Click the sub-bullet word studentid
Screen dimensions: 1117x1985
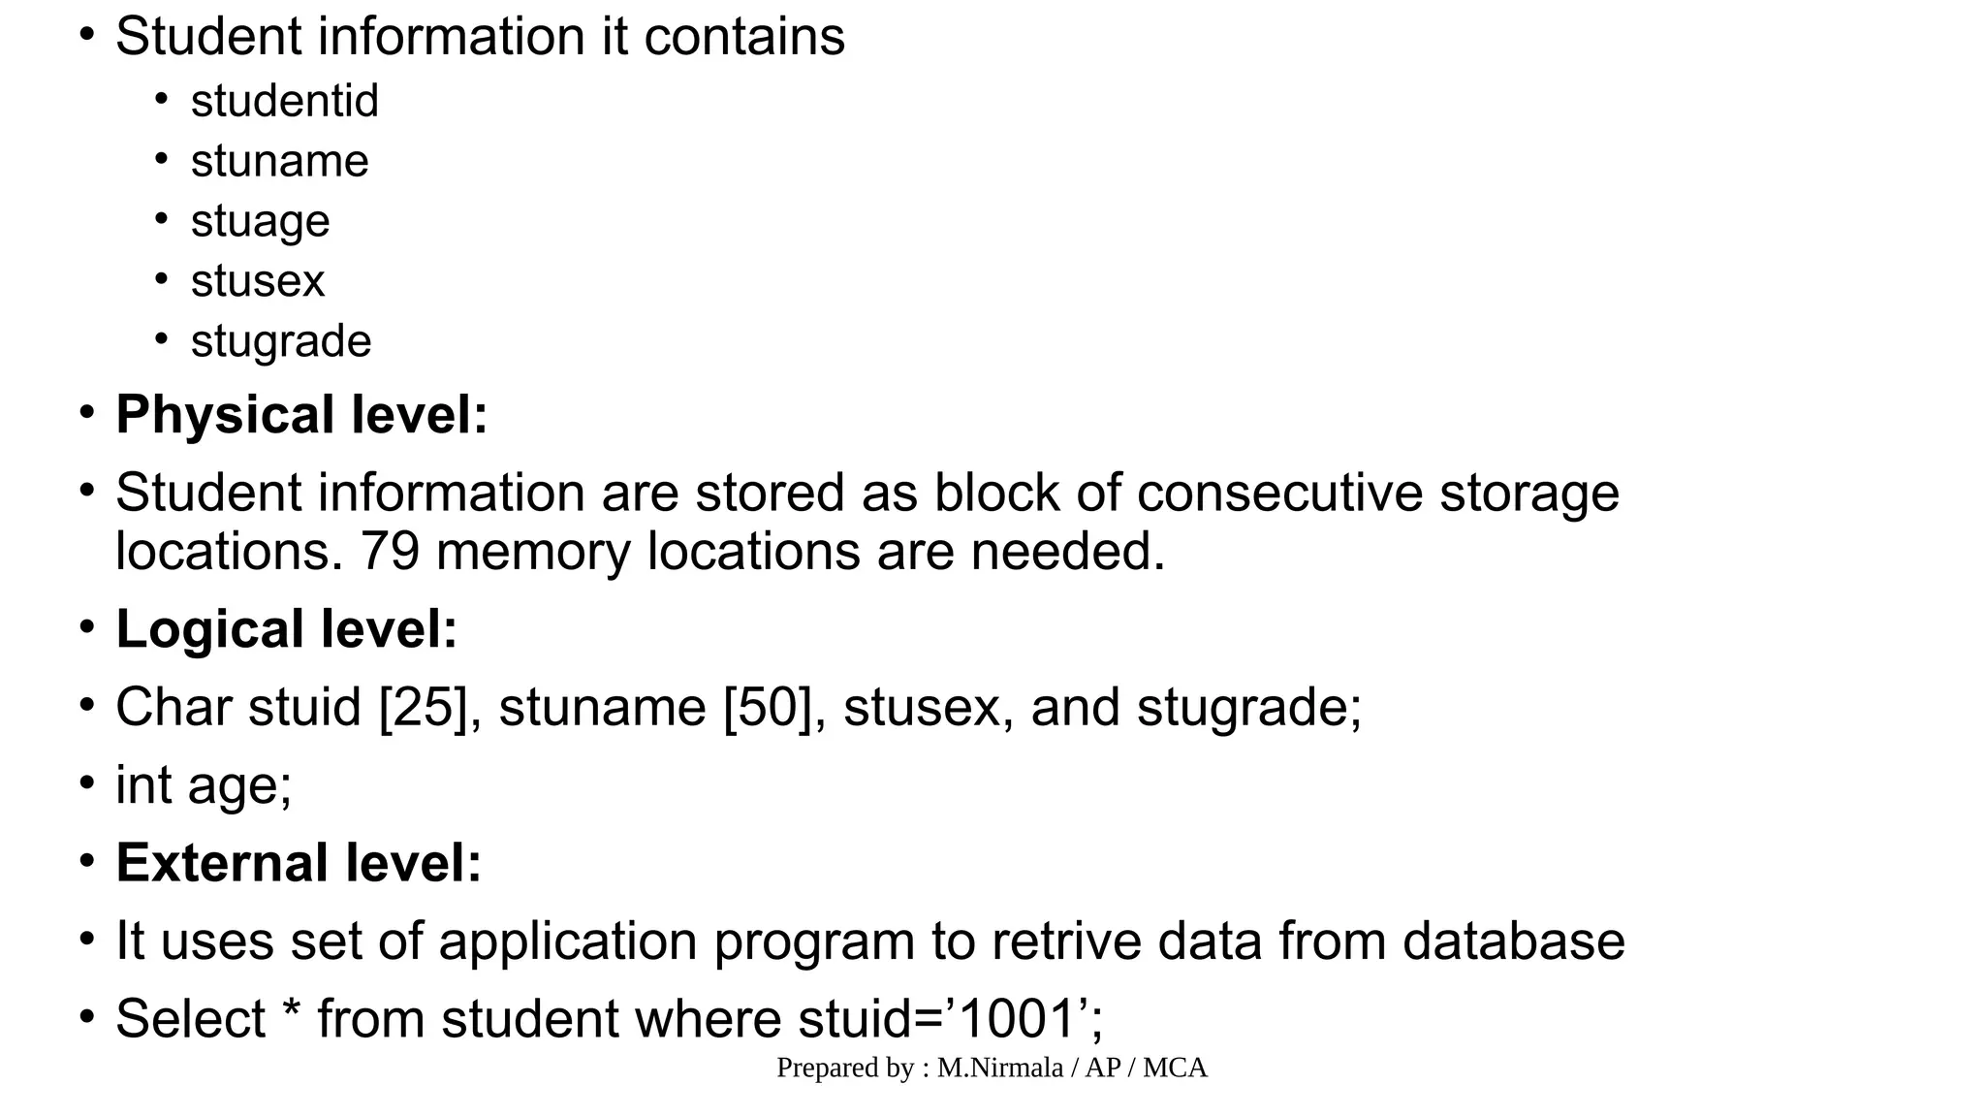(x=284, y=101)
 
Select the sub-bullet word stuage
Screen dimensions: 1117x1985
(x=260, y=221)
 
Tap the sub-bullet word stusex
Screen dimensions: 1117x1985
(x=257, y=281)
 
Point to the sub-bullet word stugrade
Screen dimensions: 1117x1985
(x=281, y=341)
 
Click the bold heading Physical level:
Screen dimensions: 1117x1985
(x=301, y=415)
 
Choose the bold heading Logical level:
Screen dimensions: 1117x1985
(x=286, y=629)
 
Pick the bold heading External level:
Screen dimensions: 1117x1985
(x=299, y=863)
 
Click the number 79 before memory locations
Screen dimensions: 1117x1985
(x=390, y=552)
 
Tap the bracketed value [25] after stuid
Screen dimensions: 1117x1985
(x=424, y=707)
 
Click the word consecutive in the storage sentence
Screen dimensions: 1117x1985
(x=1279, y=493)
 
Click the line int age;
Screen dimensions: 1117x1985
(x=204, y=785)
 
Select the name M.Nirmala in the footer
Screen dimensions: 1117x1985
(x=999, y=1069)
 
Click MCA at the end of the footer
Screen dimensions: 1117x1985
(x=1175, y=1069)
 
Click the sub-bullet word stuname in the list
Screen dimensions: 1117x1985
(x=279, y=161)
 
